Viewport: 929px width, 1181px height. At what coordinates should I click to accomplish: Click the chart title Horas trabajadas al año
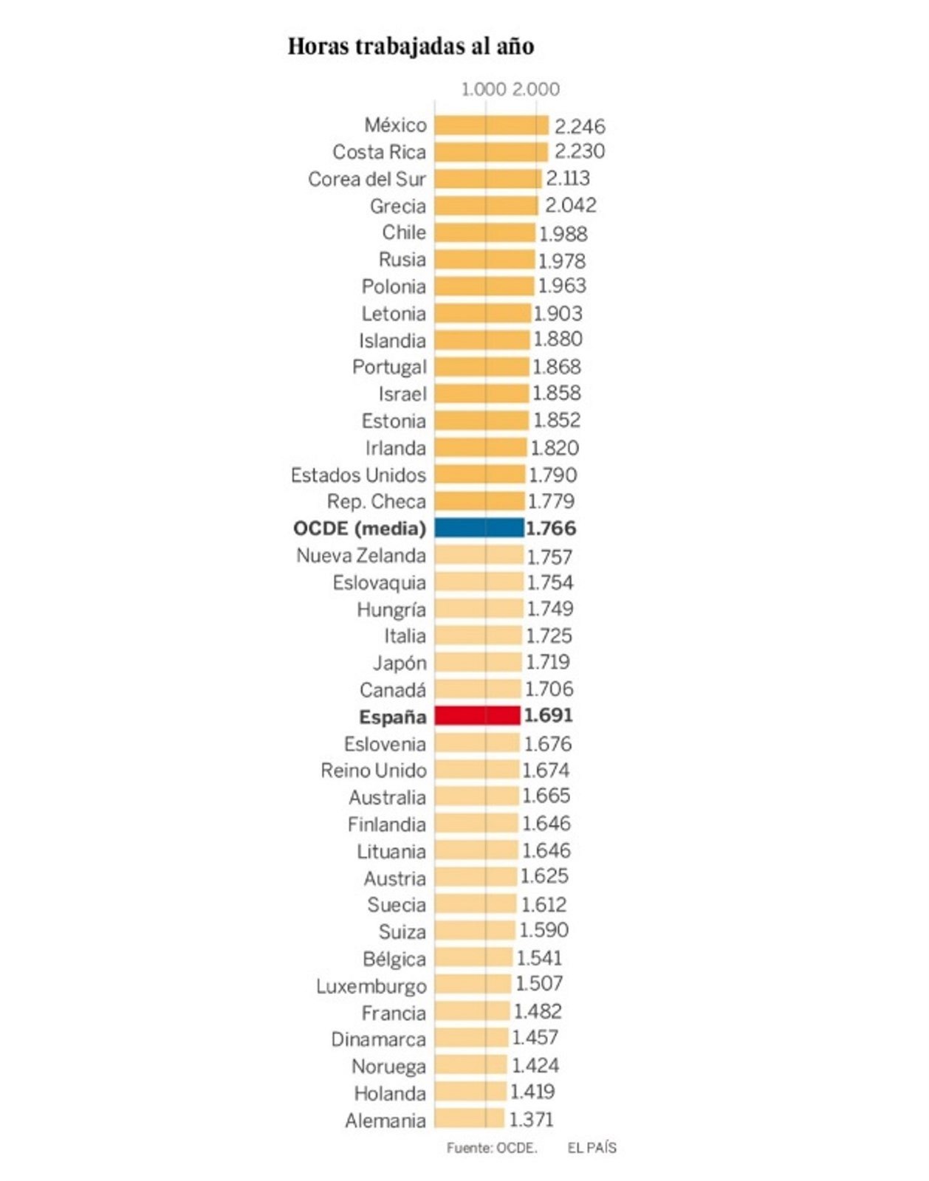tap(411, 47)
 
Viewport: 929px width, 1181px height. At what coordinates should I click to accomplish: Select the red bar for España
tap(477, 715)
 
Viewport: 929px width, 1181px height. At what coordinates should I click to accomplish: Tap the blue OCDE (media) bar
tap(479, 528)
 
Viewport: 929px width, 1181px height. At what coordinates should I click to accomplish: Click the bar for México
tap(491, 125)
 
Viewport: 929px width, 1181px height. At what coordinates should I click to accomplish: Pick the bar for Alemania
tap(469, 1119)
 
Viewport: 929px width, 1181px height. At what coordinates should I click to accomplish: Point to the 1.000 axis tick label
tap(484, 89)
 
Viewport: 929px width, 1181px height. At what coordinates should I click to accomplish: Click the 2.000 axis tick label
tap(536, 89)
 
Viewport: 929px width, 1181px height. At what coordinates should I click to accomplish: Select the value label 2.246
tap(580, 126)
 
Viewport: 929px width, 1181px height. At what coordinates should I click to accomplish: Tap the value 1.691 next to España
tap(548, 715)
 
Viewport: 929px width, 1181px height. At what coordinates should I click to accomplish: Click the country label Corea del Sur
tap(367, 179)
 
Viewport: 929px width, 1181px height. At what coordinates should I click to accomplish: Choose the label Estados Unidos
tap(358, 475)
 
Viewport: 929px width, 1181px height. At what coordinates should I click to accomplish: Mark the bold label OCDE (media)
tap(360, 528)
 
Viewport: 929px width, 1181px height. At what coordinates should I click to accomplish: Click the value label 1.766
tap(551, 528)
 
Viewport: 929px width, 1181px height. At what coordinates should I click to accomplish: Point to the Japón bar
tap(478, 662)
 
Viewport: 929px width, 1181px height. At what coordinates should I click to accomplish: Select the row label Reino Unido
tap(374, 771)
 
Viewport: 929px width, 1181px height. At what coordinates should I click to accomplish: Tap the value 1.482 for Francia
tap(538, 1011)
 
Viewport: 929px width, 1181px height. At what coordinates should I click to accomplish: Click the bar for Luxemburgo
tap(473, 985)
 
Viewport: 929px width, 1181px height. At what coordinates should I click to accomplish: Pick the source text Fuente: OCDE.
tap(492, 1148)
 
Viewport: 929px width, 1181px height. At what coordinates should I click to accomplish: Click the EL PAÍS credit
tap(592, 1148)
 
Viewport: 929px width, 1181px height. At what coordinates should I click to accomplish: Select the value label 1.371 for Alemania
tap(531, 1120)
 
